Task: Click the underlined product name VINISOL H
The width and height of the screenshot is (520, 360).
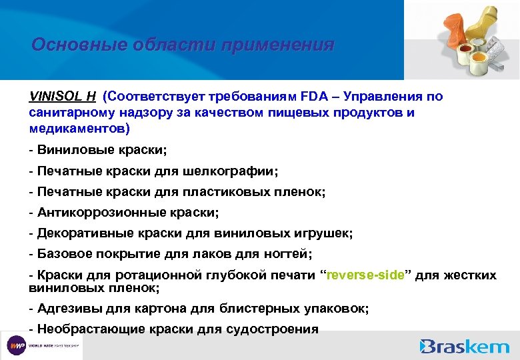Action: click(62, 97)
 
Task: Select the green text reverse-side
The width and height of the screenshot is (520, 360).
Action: click(364, 276)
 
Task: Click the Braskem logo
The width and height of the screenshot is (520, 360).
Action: click(465, 346)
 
